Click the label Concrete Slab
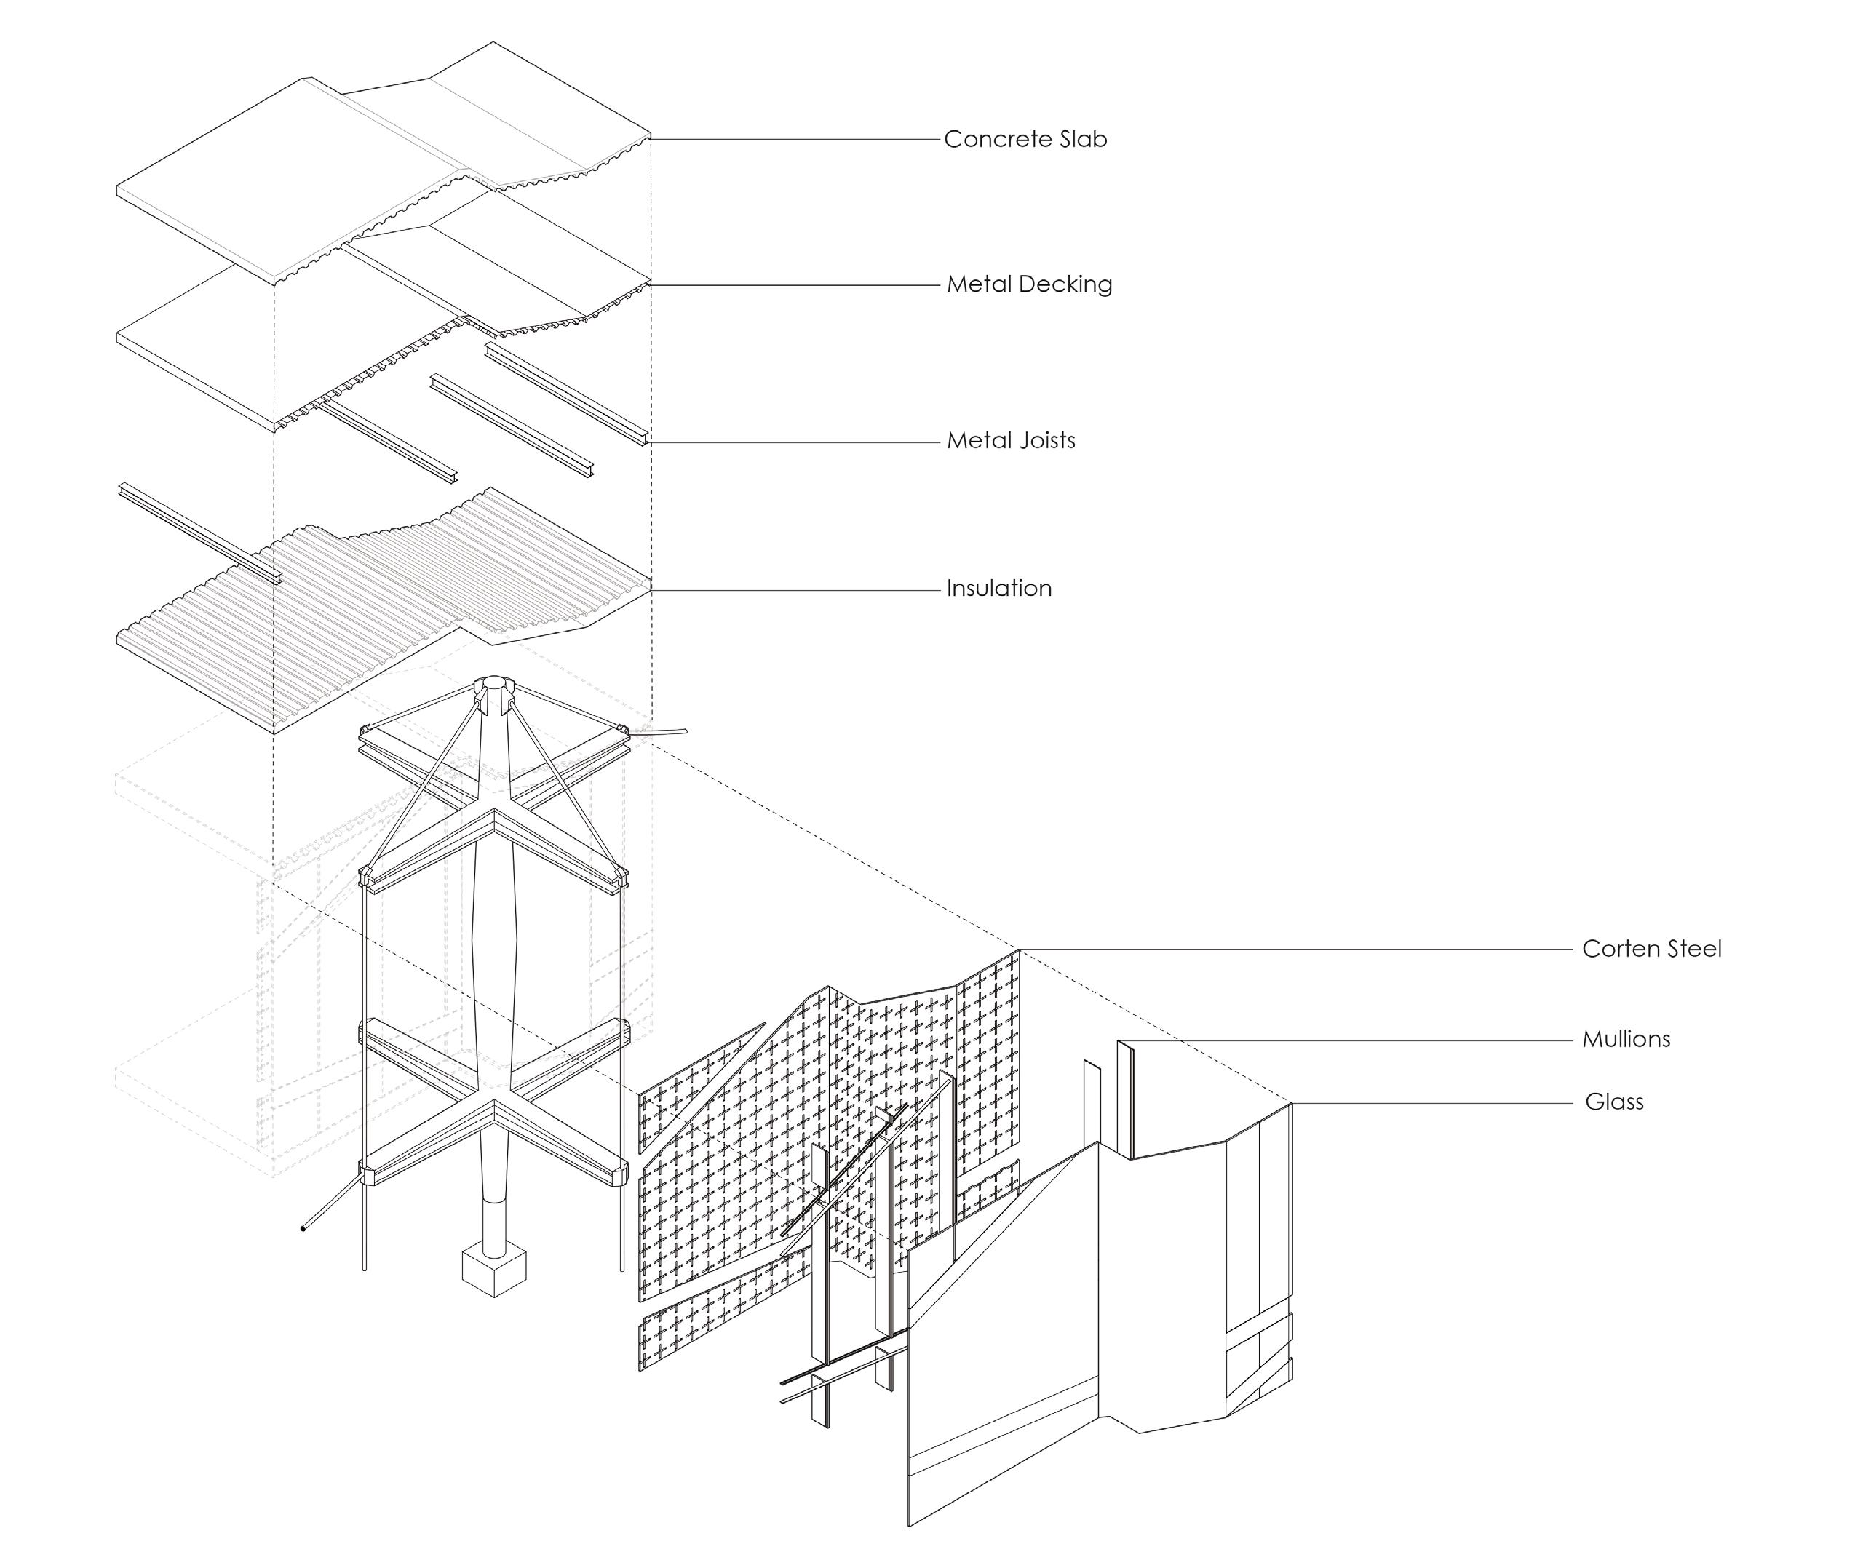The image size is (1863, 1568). (1025, 140)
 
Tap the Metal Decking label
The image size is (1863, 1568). (1028, 284)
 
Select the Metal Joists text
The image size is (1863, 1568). (1011, 441)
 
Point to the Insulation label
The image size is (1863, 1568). (998, 589)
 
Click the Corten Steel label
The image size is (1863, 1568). (1651, 950)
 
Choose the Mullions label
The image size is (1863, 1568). (1626, 1039)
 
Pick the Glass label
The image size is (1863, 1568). (1614, 1102)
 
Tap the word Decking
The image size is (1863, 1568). (1065, 284)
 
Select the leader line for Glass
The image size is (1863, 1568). (1431, 1104)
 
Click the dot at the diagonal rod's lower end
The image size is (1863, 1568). (303, 1230)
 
